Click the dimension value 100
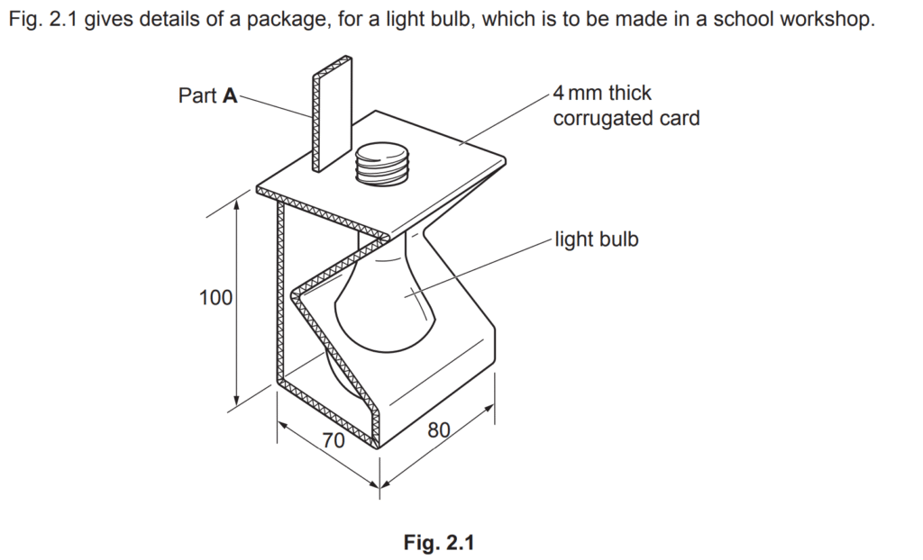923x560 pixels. click(x=215, y=298)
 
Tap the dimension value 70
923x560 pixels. click(x=334, y=440)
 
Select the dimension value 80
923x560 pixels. click(x=439, y=430)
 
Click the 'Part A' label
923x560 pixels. click(x=208, y=95)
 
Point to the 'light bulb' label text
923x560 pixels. click(x=597, y=239)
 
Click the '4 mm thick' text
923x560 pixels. click(x=602, y=93)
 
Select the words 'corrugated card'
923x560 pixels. click(x=626, y=118)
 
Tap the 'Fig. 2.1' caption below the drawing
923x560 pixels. click(x=439, y=542)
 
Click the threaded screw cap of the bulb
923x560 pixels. click(x=382, y=163)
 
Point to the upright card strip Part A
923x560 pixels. click(x=333, y=114)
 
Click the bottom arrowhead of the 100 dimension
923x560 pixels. click(x=237, y=401)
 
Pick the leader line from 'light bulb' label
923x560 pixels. click(x=480, y=267)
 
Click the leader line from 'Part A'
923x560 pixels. click(x=276, y=106)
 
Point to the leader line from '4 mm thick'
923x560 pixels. click(x=505, y=118)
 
